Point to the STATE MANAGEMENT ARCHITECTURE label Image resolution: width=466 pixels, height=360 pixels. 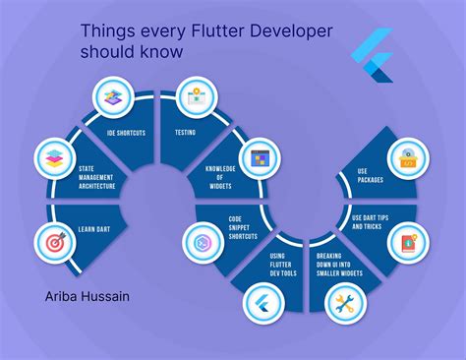coord(98,177)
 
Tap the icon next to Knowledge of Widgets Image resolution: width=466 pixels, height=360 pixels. coord(260,157)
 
